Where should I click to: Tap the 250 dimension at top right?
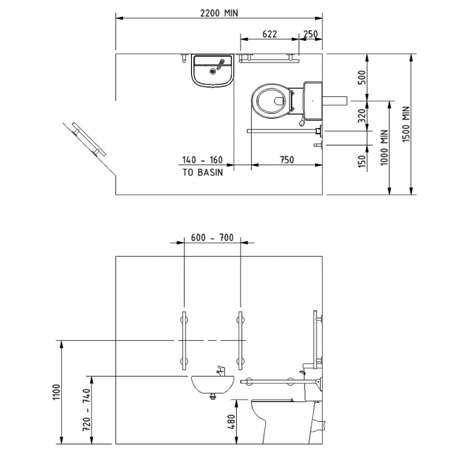click(310, 34)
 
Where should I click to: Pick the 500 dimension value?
click(362, 77)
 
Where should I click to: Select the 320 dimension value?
click(362, 115)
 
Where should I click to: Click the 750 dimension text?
click(286, 160)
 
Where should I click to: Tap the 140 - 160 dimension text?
click(202, 160)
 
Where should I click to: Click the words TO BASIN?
click(202, 172)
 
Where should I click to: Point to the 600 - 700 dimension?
click(212, 238)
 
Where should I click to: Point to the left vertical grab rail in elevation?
click(184, 340)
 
